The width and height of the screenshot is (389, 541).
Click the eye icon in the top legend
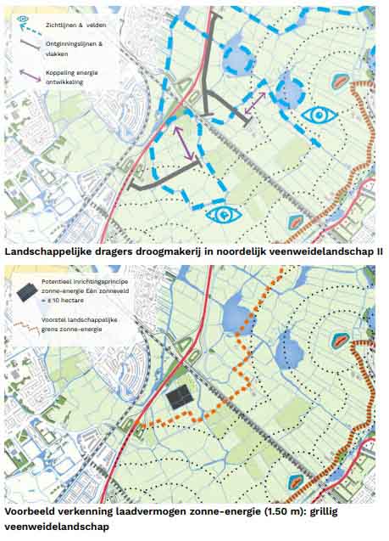[x=24, y=19]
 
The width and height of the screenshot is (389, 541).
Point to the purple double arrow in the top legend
[x=27, y=76]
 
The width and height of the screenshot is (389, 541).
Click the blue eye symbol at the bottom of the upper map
[x=223, y=214]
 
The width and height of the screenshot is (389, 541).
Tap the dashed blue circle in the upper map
[x=237, y=59]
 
